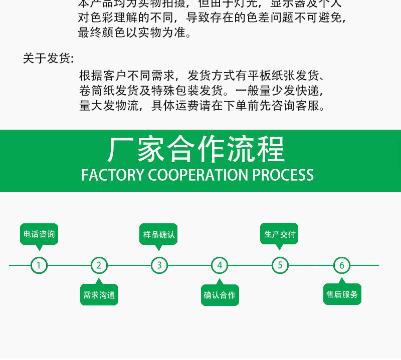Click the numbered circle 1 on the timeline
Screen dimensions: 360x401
(39, 265)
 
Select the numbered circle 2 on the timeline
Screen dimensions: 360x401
(99, 265)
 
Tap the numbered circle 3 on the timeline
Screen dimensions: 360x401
(159, 265)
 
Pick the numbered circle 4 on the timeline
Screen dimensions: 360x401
(220, 265)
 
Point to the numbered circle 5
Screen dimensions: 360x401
(280, 265)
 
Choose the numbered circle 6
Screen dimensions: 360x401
(342, 265)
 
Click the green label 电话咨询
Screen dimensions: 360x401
(39, 234)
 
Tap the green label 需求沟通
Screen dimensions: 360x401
(99, 295)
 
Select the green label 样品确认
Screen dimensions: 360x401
(159, 234)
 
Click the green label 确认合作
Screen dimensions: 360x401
(220, 295)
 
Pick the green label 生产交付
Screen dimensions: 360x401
(280, 234)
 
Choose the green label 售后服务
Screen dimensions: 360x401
(342, 294)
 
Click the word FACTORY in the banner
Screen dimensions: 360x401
(112, 175)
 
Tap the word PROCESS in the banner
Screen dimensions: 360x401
(283, 175)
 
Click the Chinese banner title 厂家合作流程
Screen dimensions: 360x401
(196, 149)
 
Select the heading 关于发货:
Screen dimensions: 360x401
(48, 58)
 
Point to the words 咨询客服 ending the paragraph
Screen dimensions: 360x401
(301, 106)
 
